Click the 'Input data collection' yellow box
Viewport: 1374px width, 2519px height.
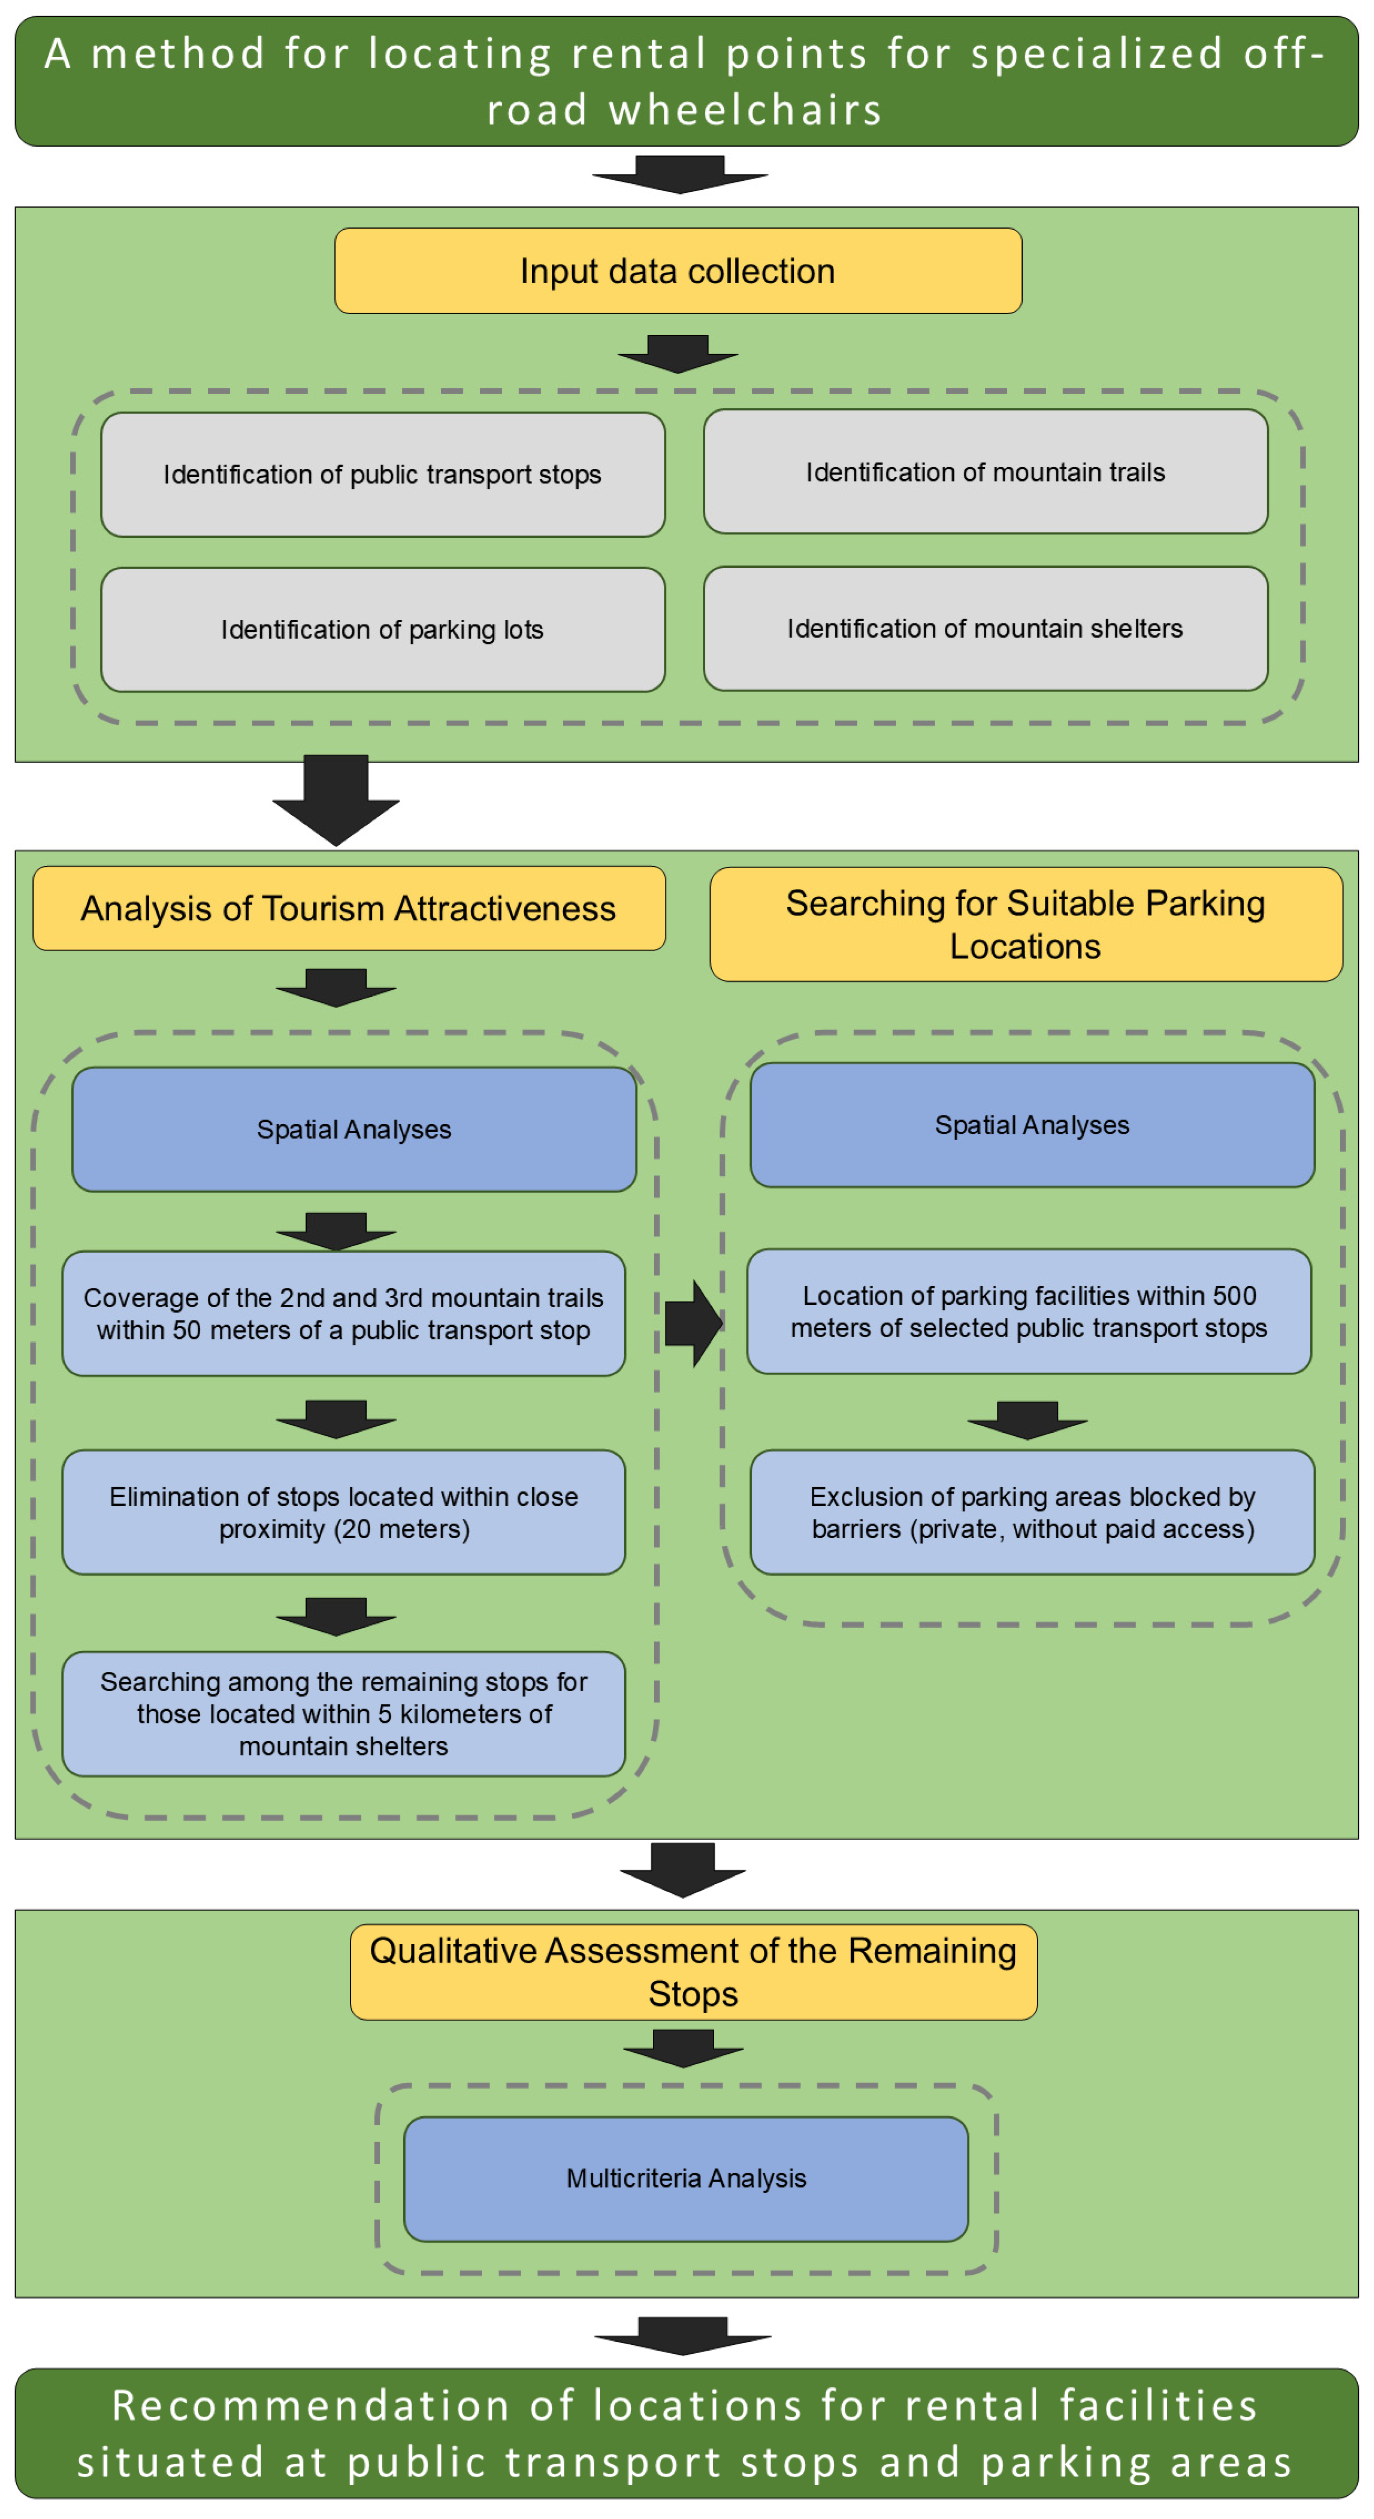click(x=678, y=271)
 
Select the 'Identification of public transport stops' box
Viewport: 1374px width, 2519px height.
click(x=382, y=474)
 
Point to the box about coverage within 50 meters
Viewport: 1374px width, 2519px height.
click(x=343, y=1313)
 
